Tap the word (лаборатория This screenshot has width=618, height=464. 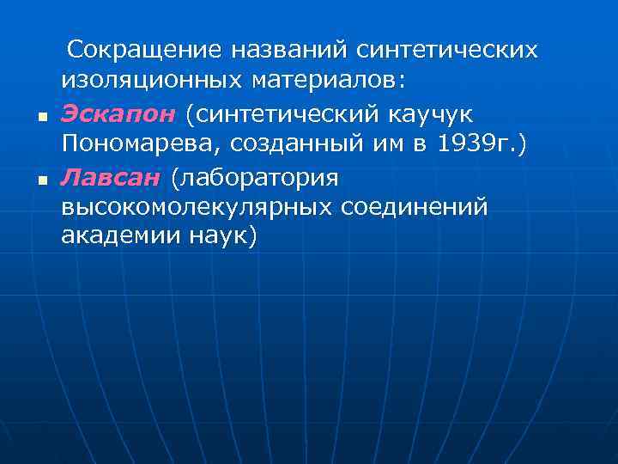(x=255, y=177)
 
